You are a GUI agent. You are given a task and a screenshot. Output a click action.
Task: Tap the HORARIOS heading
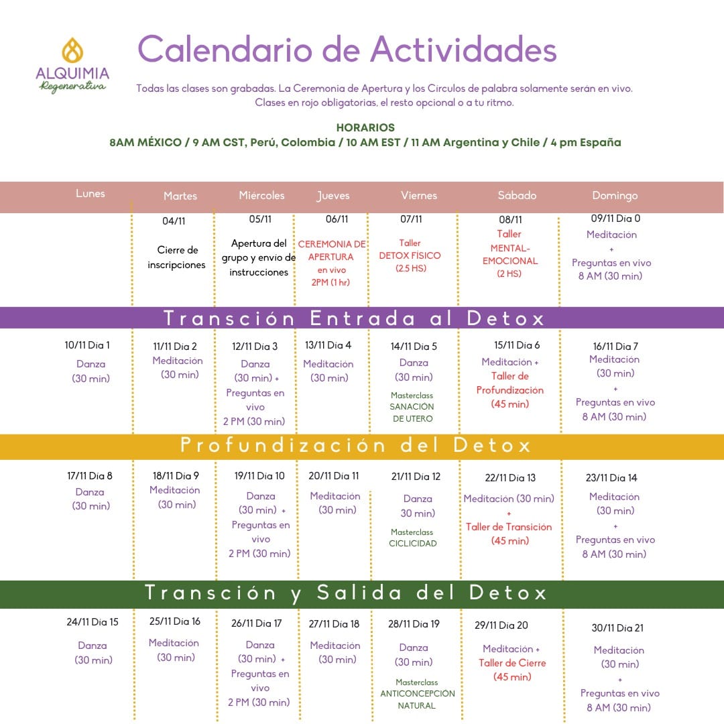pos(365,127)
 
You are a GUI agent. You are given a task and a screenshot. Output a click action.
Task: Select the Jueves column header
pos(333,196)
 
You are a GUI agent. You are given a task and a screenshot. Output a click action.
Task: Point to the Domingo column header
pos(615,196)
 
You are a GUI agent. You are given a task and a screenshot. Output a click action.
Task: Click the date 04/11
pos(174,221)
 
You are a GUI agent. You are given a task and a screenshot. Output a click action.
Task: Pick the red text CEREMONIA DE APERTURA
pos(332,250)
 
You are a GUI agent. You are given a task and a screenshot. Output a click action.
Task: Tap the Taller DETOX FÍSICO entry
pos(410,255)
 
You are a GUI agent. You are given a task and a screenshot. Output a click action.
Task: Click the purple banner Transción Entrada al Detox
pos(355,318)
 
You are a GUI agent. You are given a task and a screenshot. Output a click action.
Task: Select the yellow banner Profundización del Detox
pos(355,446)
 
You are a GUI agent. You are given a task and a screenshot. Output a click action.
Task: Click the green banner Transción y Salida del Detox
pos(346,593)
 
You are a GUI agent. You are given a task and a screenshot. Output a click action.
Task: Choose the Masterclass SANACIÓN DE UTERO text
pos(412,407)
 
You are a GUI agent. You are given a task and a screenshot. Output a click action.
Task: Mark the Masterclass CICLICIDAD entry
pos(412,538)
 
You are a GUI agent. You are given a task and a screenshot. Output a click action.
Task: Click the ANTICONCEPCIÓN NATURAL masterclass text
pos(417,694)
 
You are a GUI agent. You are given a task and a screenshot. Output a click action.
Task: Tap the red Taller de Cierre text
pos(512,663)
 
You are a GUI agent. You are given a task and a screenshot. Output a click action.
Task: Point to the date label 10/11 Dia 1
pos(87,345)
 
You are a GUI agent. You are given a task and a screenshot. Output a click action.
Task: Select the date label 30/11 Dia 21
pos(617,628)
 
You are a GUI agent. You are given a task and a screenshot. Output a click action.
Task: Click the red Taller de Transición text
pos(509,527)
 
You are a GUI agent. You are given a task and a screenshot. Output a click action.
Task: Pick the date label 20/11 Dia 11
pos(334,476)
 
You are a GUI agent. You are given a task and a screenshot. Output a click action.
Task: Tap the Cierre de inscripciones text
pos(177,257)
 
